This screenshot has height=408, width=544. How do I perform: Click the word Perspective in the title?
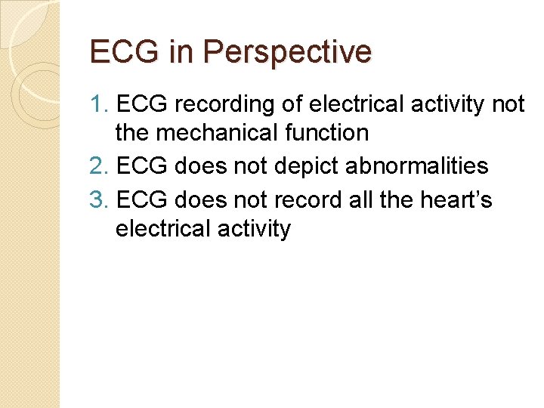pos(287,52)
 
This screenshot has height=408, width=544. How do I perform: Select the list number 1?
pos(98,104)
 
